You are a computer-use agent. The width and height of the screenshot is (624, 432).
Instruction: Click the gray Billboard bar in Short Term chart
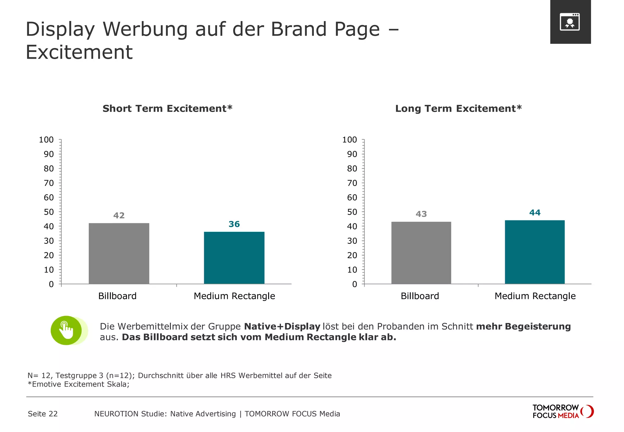tap(119, 253)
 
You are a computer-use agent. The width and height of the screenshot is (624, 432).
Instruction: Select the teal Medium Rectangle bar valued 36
tap(234, 258)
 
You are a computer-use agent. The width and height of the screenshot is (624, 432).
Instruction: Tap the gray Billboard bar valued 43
tap(421, 253)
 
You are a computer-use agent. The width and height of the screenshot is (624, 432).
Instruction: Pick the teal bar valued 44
tap(535, 252)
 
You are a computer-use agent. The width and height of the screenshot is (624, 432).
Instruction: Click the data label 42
tap(119, 216)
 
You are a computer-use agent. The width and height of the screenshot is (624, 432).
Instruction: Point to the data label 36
tap(234, 224)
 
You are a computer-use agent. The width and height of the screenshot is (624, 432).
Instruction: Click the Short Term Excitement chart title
tap(167, 108)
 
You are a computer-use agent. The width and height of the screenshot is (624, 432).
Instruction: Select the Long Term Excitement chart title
tap(458, 108)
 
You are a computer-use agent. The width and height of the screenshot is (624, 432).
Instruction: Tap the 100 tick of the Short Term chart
tap(46, 140)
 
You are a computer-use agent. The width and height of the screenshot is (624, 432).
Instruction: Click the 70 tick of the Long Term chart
tap(352, 183)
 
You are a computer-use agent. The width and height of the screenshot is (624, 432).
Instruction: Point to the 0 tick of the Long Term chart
tap(354, 284)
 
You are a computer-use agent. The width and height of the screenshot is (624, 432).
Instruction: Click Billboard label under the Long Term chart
tap(420, 296)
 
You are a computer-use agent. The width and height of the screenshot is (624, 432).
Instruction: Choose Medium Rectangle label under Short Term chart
tap(234, 296)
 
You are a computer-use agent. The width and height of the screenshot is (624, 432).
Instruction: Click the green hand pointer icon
tap(66, 331)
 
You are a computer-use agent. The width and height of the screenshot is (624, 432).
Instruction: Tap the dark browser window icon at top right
tap(570, 22)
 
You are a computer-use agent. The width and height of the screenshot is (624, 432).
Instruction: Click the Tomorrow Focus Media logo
tap(562, 412)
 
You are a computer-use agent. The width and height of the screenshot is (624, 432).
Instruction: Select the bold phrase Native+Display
tap(282, 326)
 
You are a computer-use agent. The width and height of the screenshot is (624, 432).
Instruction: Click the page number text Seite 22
tap(43, 414)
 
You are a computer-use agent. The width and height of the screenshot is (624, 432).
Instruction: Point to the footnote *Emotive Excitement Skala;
tap(78, 384)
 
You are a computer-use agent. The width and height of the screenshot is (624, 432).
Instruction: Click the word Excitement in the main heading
tap(79, 52)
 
